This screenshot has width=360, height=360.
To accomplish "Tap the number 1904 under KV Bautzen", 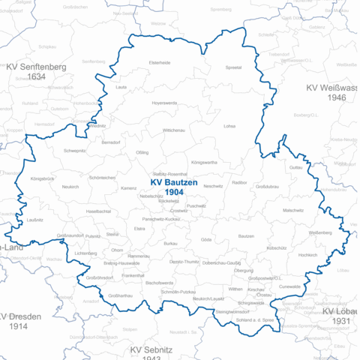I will [175, 193].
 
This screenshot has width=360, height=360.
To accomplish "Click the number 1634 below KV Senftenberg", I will [36, 77].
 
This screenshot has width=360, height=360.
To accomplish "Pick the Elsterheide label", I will [160, 62].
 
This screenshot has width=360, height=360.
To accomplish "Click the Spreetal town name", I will [234, 67].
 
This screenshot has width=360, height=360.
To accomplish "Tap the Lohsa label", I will [229, 126].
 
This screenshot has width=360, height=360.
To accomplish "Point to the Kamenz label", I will [129, 188].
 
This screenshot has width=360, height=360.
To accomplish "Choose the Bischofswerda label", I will [160, 282].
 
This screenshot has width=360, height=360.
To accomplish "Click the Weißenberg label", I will [298, 233].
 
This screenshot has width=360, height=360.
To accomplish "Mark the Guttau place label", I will [295, 168].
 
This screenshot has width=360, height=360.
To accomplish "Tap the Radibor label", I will [240, 182].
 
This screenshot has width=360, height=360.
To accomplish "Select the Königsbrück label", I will [42, 179].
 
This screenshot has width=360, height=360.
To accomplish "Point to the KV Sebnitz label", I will [151, 350].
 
